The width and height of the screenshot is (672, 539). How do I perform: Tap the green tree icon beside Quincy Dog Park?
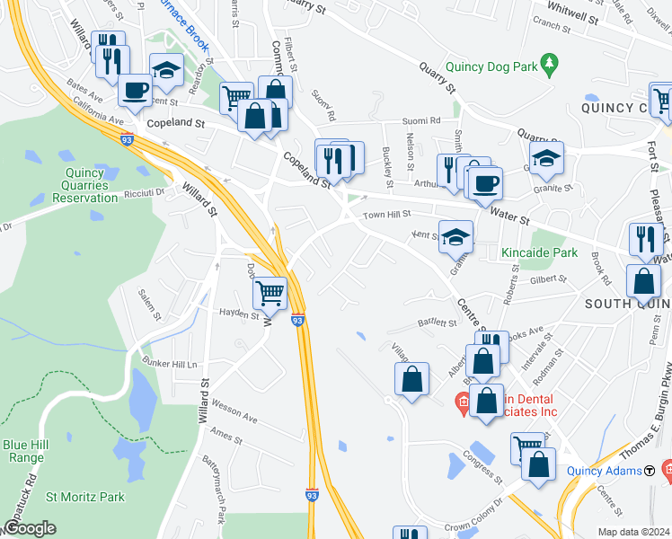point(554,64)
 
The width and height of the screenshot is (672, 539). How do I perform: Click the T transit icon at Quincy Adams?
point(649,470)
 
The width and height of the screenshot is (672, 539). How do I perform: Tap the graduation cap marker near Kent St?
point(456,237)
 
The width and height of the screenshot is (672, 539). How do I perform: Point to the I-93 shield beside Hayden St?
point(297,319)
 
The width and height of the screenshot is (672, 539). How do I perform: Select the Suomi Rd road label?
point(421,119)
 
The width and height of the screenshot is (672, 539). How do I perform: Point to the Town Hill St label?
point(386,215)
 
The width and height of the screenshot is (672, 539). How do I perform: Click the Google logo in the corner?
point(30,528)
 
